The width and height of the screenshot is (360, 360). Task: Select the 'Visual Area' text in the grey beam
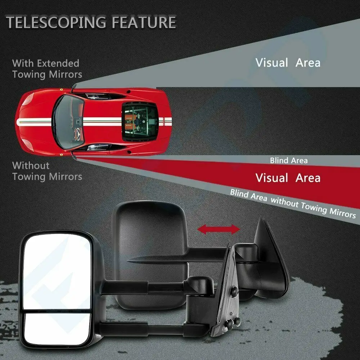click(288, 63)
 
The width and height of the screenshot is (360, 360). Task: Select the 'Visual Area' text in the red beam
click(288, 177)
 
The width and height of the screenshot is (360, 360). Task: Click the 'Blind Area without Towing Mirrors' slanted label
click(292, 204)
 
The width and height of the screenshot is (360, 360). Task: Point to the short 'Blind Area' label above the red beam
click(289, 160)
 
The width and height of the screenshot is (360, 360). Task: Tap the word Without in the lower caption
click(31, 166)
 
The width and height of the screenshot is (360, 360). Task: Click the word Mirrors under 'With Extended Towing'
click(64, 75)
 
